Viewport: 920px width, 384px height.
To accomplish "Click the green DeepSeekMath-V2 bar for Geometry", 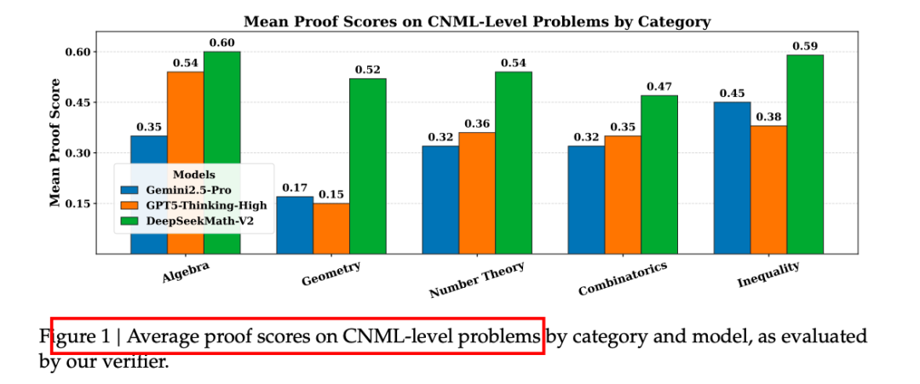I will point(367,166).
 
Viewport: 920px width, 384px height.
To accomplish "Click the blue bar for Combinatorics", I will point(586,199).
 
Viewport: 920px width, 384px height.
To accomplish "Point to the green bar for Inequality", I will point(805,153).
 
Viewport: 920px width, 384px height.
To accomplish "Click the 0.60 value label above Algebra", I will point(221,43).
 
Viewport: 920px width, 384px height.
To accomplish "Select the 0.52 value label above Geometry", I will point(367,71).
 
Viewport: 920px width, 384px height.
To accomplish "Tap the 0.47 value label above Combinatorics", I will point(659,87).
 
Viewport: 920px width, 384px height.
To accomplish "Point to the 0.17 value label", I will point(295,188).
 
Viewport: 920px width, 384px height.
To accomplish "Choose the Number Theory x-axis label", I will point(476,280).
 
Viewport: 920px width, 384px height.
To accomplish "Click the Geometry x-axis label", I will point(331,273).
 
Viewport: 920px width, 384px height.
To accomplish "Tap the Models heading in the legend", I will point(193,175).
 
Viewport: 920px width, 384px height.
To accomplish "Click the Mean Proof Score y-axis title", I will point(55,142).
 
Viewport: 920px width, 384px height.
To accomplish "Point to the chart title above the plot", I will point(477,20).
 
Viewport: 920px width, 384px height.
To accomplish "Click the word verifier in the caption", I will point(138,362).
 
